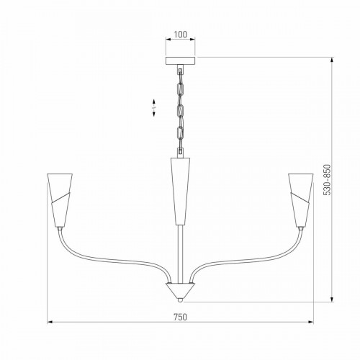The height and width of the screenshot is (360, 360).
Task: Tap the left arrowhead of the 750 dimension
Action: pyautogui.click(x=51, y=322)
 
